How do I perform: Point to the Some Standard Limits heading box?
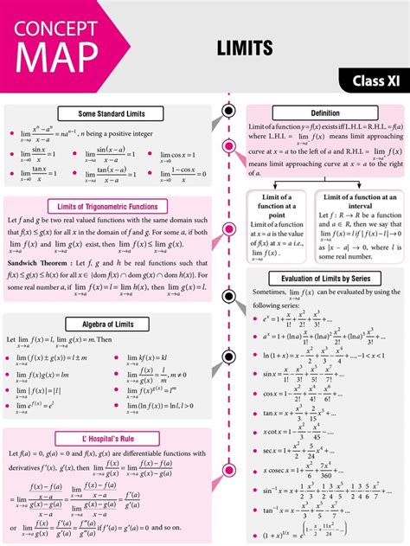click(x=112, y=113)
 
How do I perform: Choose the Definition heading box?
click(x=325, y=113)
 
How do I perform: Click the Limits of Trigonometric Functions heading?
click(x=112, y=205)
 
